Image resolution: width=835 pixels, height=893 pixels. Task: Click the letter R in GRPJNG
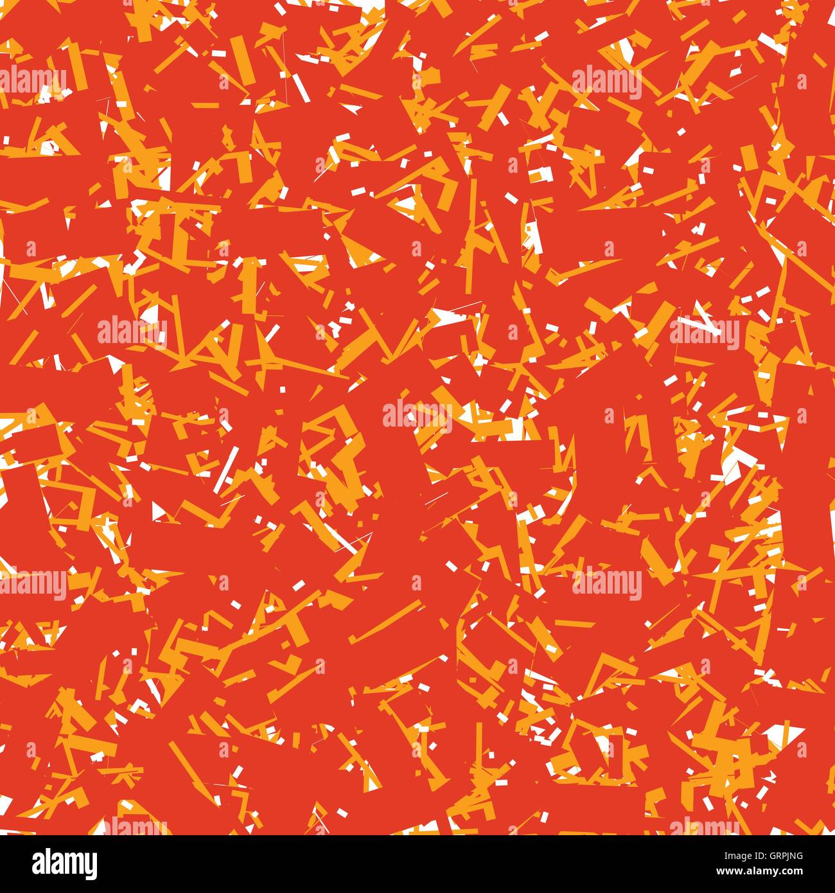(x=778, y=856)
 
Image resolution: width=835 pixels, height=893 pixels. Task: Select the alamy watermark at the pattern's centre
(x=418, y=416)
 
